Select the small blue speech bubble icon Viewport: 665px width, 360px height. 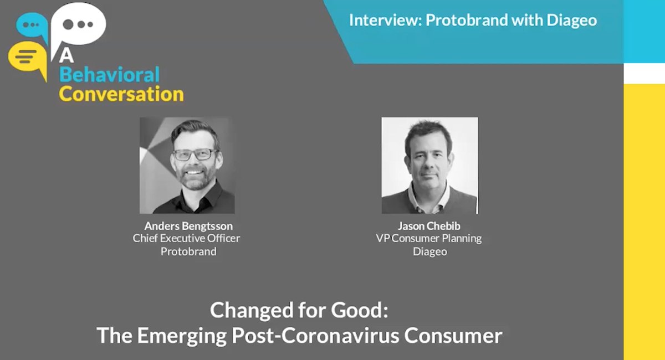tap(32, 25)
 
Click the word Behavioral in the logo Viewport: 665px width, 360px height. tap(109, 75)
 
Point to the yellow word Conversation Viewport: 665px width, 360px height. tap(121, 94)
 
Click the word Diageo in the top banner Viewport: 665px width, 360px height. tap(571, 20)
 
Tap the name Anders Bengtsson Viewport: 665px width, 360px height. tap(188, 226)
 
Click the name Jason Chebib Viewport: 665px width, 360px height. tap(429, 226)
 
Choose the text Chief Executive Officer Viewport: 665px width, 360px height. tap(186, 239)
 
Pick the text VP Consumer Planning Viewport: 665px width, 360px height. tap(429, 239)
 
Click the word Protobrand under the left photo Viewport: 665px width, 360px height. tap(188, 251)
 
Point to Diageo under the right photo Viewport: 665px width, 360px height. tap(429, 251)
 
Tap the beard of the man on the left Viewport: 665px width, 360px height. tap(195, 180)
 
